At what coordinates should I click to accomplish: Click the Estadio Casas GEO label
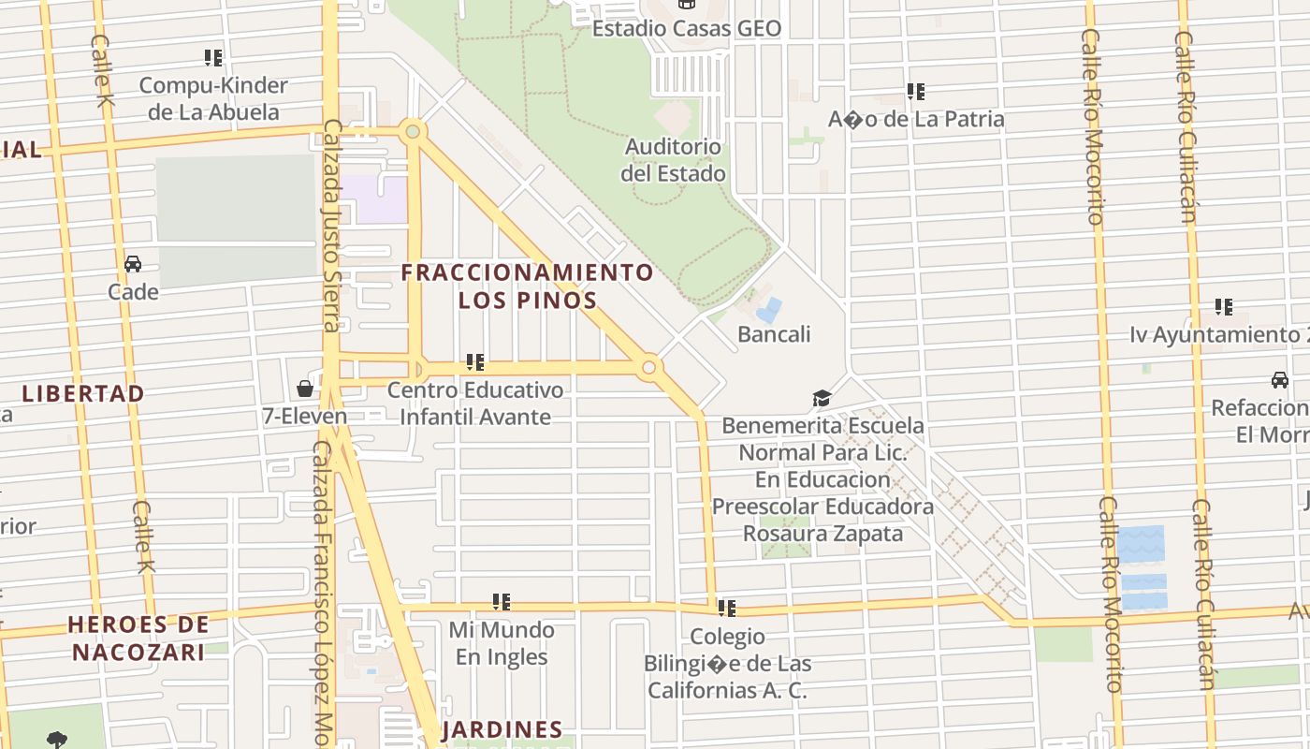point(686,28)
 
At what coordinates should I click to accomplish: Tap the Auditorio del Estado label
point(673,160)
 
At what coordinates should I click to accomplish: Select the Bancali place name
point(774,334)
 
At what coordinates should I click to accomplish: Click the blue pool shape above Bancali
point(769,310)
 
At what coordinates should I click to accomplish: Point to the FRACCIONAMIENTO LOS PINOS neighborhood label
point(527,286)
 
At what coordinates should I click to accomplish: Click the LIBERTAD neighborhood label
point(83,393)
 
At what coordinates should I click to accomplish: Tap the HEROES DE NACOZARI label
point(138,638)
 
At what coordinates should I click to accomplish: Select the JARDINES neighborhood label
point(502,729)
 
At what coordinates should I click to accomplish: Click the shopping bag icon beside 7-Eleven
point(305,389)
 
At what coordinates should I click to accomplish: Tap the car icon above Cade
point(133,264)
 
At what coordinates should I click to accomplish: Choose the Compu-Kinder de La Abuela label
point(213,98)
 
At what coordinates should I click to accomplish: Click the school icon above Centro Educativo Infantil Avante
point(474,362)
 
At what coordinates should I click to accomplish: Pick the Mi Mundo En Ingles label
point(502,643)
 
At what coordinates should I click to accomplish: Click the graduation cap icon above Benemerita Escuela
point(822,400)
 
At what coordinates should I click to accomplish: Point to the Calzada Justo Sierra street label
point(331,225)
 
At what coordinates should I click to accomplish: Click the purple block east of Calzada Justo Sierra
point(374,199)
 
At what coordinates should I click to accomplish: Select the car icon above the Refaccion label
point(1279,380)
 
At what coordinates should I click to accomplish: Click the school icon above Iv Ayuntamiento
point(1223,307)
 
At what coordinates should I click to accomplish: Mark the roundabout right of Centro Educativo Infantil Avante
point(648,368)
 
